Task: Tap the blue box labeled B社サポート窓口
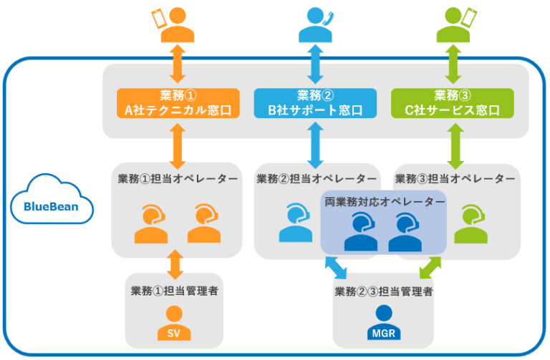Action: point(315,103)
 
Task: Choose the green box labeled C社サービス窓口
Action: point(452,103)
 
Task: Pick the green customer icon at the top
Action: point(452,26)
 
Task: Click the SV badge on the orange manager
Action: point(174,333)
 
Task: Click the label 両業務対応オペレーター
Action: point(385,203)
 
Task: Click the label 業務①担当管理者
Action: point(174,291)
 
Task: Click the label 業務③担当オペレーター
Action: point(455,178)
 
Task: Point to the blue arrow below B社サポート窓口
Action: point(315,144)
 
